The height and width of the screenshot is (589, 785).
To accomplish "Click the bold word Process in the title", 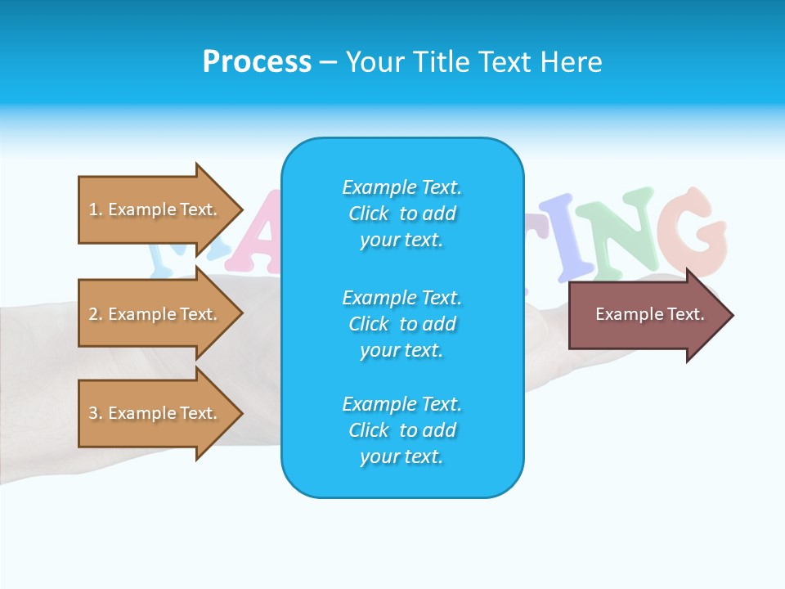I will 257,62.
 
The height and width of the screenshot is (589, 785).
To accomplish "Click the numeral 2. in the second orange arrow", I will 95,314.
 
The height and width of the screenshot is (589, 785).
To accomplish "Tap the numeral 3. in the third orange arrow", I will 95,413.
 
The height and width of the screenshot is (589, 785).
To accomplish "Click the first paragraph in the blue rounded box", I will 401,214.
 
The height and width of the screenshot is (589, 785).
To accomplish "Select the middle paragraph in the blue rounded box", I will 401,324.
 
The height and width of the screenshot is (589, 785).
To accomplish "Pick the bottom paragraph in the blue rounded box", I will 401,430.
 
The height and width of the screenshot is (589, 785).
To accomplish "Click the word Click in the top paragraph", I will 368,214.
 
